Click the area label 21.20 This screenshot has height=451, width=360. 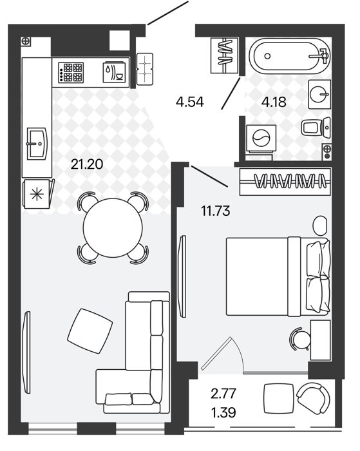pyautogui.click(x=87, y=164)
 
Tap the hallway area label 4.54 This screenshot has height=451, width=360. pyautogui.click(x=190, y=102)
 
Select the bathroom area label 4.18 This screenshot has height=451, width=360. pyautogui.click(x=274, y=102)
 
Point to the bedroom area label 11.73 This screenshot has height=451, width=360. pyautogui.click(x=216, y=211)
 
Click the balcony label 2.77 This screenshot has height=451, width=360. pyautogui.click(x=223, y=394)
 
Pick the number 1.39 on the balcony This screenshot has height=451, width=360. pyautogui.click(x=223, y=412)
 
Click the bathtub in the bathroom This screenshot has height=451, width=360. pyautogui.click(x=290, y=56)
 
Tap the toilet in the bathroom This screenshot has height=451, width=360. pyautogui.click(x=316, y=128)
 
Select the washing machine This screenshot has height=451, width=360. pyautogui.click(x=261, y=139)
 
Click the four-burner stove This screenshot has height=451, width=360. pyautogui.click(x=71, y=72)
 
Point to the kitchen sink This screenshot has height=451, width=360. pyautogui.click(x=37, y=143)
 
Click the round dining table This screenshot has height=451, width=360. pyautogui.click(x=113, y=227)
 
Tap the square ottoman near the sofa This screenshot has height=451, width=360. pyautogui.click(x=90, y=331)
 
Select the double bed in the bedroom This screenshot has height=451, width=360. pyautogui.click(x=278, y=276)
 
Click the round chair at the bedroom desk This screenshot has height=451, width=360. pyautogui.click(x=299, y=339)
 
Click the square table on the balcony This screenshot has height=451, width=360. pyautogui.click(x=279, y=398)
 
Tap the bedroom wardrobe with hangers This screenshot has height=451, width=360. pyautogui.click(x=285, y=182)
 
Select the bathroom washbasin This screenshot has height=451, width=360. pyautogui.click(x=319, y=94)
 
